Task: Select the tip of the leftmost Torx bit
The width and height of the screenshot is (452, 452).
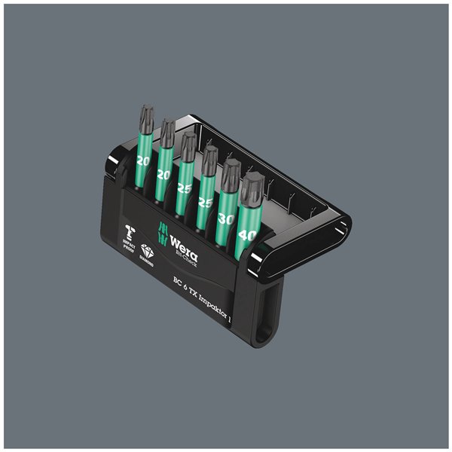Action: pyautogui.click(x=145, y=119)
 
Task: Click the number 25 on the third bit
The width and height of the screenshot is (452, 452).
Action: pyautogui.click(x=184, y=188)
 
